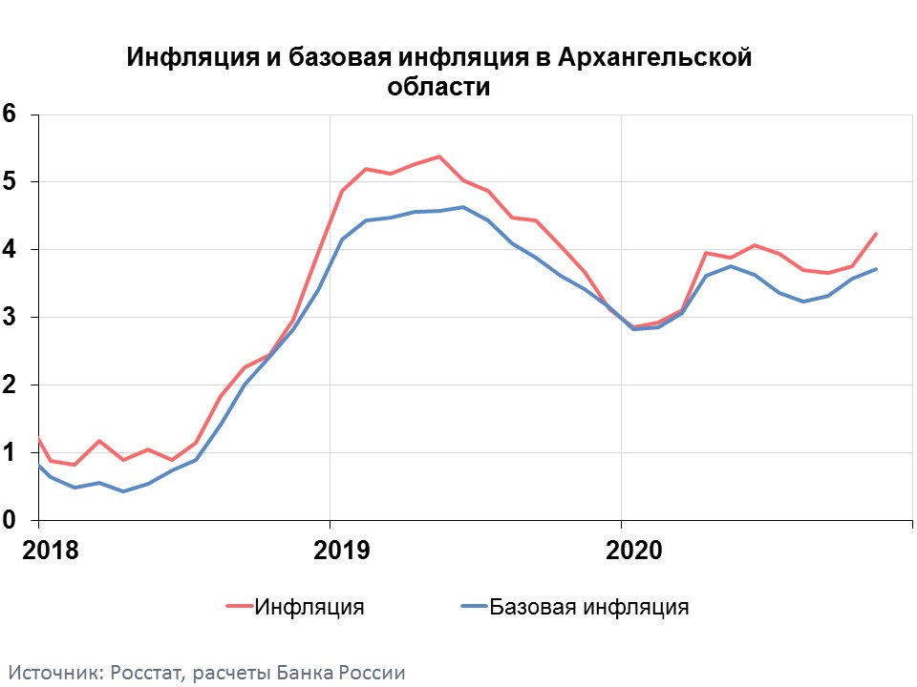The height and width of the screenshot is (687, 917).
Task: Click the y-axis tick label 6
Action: pyautogui.click(x=11, y=114)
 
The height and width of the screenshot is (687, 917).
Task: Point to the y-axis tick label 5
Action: pyautogui.click(x=11, y=181)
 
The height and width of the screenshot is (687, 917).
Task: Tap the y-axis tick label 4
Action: pyautogui.click(x=11, y=249)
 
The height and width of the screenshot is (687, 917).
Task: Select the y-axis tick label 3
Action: pyautogui.click(x=11, y=317)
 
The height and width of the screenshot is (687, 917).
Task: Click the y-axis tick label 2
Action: pyautogui.click(x=11, y=385)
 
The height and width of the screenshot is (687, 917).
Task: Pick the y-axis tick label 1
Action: pyautogui.click(x=11, y=452)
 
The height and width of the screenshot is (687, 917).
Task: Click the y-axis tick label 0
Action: pyautogui.click(x=11, y=520)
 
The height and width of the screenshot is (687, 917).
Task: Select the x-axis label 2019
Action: pyautogui.click(x=341, y=551)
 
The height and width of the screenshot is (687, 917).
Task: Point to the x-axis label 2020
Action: pyautogui.click(x=632, y=551)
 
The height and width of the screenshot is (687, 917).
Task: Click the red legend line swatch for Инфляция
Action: pyautogui.click(x=239, y=606)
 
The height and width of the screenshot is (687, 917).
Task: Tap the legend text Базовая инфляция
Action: pyautogui.click(x=588, y=606)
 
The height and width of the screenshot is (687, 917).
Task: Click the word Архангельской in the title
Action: pyautogui.click(x=653, y=58)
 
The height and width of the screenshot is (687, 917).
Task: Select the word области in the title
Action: pyautogui.click(x=438, y=87)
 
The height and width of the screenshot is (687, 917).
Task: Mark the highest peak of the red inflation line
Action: pyautogui.click(x=438, y=156)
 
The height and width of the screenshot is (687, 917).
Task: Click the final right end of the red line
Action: pyautogui.click(x=876, y=234)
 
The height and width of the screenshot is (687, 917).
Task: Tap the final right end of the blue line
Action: pyautogui.click(x=876, y=269)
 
